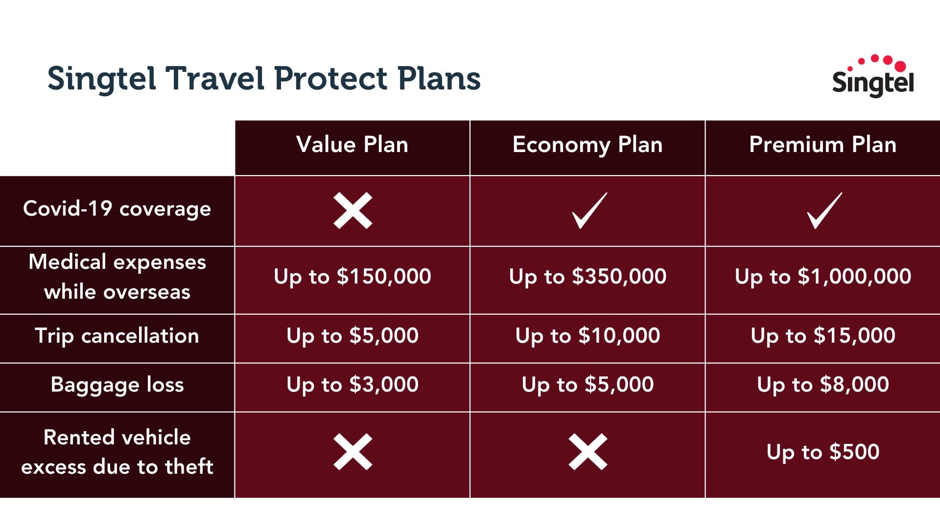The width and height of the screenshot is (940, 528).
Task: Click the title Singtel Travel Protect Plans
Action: tap(264, 79)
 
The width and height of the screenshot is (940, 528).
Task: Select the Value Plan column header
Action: tap(352, 145)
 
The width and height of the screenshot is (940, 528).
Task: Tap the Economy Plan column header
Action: tap(587, 145)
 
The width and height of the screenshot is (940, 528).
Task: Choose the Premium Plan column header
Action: tap(822, 145)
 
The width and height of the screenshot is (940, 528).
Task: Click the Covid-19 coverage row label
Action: tap(117, 209)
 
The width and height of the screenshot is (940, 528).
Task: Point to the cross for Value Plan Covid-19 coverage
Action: tap(352, 211)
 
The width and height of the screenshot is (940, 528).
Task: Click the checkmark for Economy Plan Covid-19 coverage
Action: tap(589, 211)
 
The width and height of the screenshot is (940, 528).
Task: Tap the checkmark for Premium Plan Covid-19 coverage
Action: tap(824, 211)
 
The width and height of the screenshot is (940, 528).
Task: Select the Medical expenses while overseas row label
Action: tap(117, 277)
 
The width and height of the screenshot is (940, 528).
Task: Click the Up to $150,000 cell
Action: tap(352, 277)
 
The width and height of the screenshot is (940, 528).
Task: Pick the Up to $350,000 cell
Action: tap(587, 277)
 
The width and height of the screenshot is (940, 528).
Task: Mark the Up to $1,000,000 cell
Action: tap(823, 277)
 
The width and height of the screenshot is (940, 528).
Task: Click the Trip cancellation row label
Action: tap(117, 336)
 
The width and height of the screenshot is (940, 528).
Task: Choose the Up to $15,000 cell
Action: tap(823, 336)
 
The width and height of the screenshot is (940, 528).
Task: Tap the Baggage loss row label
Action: tap(117, 385)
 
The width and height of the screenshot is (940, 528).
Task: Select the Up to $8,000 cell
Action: tap(823, 385)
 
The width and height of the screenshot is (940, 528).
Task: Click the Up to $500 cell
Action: tap(823, 452)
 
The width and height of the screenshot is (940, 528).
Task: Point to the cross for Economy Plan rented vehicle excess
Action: tap(587, 452)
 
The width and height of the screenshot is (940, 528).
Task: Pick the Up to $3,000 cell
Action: tap(352, 385)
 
